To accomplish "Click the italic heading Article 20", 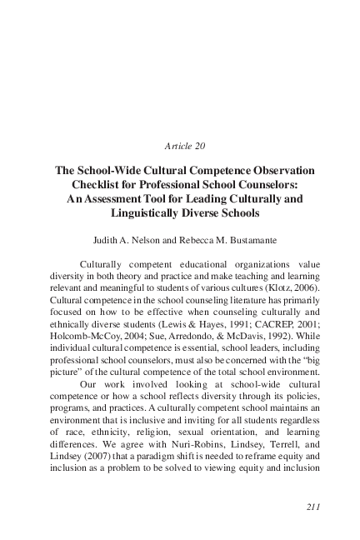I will (x=180, y=145).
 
